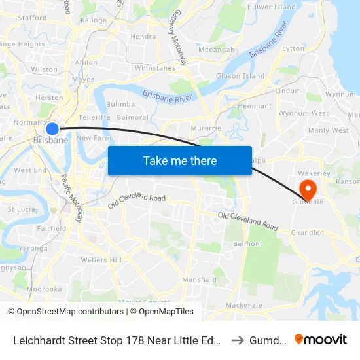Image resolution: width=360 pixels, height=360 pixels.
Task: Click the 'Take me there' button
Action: (x=180, y=160)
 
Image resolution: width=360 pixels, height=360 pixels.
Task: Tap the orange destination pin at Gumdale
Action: (x=306, y=189)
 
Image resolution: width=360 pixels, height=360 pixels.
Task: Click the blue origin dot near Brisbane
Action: (x=53, y=129)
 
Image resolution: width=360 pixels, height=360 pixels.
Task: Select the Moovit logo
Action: (x=321, y=339)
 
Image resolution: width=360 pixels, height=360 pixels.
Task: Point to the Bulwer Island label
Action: (x=272, y=7)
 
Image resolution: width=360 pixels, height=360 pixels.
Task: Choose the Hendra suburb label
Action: (x=143, y=37)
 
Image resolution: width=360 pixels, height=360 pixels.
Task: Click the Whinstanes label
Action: (x=156, y=67)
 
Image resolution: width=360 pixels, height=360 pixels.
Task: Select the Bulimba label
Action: (x=120, y=104)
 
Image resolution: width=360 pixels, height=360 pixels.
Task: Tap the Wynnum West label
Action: (x=303, y=113)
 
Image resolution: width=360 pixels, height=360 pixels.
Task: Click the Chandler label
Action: (x=307, y=232)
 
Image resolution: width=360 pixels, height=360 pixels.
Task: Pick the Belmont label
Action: (x=247, y=243)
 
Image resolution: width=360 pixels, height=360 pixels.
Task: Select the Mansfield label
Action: (x=200, y=279)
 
